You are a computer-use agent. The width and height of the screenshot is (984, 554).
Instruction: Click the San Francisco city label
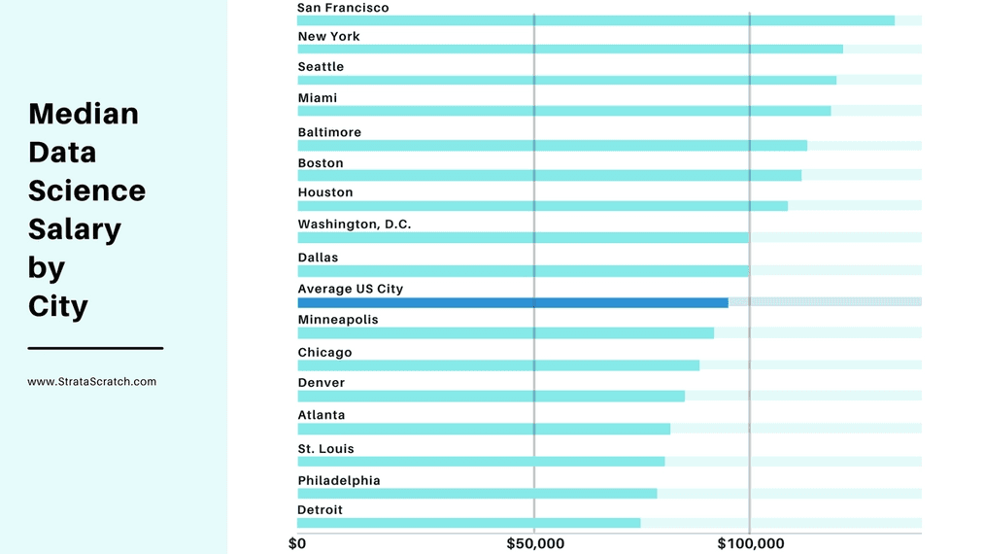coord(343,8)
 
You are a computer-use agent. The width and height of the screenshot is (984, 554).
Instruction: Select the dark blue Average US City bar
coord(512,302)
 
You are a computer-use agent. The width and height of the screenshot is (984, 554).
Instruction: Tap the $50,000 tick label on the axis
coord(535,543)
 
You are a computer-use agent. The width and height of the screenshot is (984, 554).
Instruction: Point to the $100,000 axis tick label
coord(750,543)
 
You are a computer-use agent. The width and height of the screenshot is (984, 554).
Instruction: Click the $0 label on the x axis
coord(297,543)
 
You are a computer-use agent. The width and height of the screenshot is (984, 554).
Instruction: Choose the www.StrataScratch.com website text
coord(91,382)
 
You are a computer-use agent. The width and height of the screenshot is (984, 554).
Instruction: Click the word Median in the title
coord(84,114)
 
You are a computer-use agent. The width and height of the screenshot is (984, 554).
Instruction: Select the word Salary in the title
coord(75,229)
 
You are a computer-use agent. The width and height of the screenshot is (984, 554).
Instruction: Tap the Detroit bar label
coord(320,509)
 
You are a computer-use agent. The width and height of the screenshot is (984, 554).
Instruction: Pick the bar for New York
coord(569,49)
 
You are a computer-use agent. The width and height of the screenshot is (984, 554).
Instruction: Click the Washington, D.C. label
coord(354,224)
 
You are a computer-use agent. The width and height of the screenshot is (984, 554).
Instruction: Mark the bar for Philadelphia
coord(476,493)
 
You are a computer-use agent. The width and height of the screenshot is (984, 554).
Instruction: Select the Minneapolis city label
coord(337,319)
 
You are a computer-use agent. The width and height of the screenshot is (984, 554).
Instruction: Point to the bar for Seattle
coord(566,80)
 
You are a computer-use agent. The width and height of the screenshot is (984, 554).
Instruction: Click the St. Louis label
coord(325,448)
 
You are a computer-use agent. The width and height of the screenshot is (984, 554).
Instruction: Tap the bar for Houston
coord(542,206)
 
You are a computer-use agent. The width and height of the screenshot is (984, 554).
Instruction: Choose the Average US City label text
coord(350,289)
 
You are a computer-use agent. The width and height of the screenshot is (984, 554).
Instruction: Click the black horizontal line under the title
coord(95,347)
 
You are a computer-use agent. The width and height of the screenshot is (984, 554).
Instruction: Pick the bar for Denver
coord(491,396)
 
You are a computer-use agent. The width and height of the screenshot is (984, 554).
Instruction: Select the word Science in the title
coord(86,190)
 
